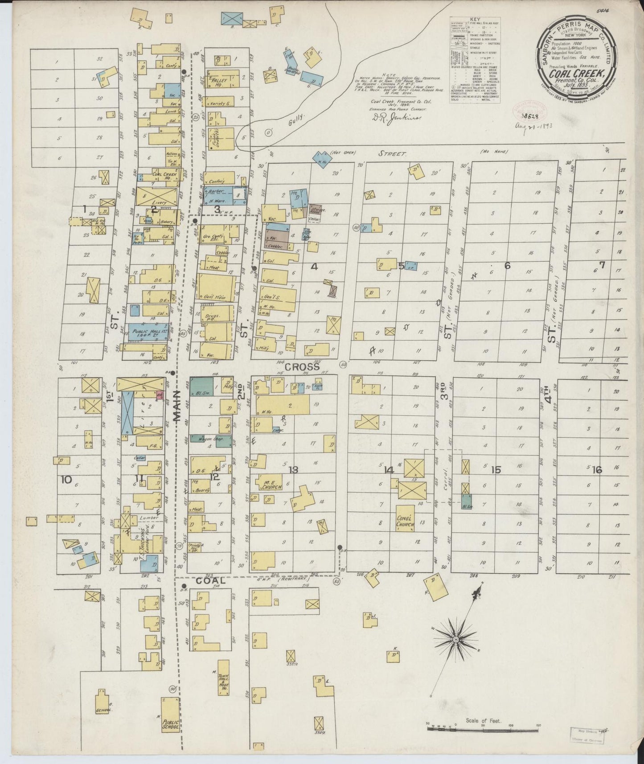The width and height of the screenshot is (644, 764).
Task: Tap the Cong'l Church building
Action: pyautogui.click(x=405, y=521)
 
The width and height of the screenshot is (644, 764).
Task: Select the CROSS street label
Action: pyautogui.click(x=303, y=367)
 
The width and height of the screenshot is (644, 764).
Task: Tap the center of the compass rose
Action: pyautogui.click(x=455, y=640)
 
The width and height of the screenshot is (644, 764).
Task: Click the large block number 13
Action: pyautogui.click(x=293, y=470)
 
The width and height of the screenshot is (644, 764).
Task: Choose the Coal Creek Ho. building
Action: pyautogui.click(x=160, y=175)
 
